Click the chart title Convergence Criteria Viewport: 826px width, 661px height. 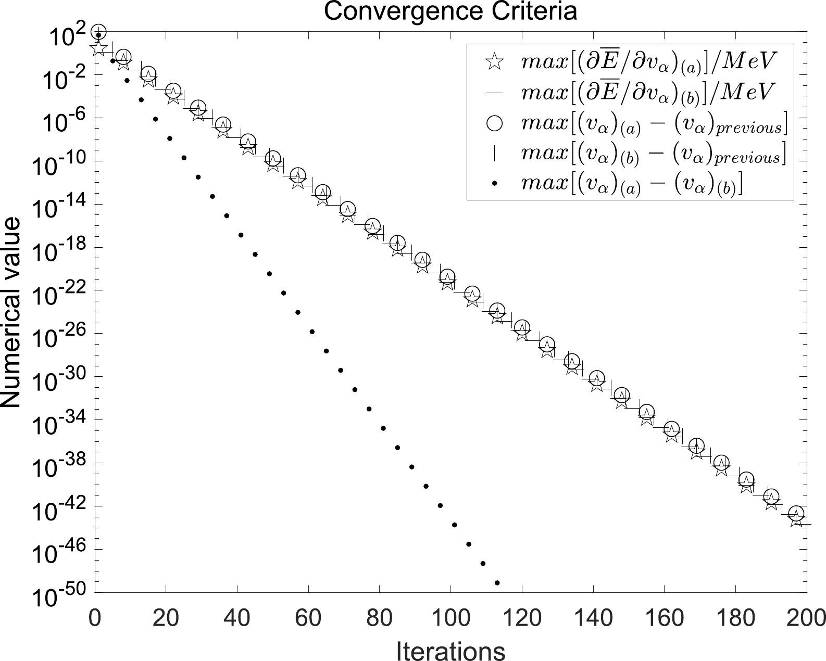pos(450,11)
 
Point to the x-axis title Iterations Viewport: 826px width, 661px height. pos(450,651)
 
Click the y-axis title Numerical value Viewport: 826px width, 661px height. pos(11,312)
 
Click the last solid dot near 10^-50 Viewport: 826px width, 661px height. pos(497,582)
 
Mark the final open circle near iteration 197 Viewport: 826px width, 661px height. pos(795,513)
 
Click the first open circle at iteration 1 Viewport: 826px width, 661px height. pos(98,32)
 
